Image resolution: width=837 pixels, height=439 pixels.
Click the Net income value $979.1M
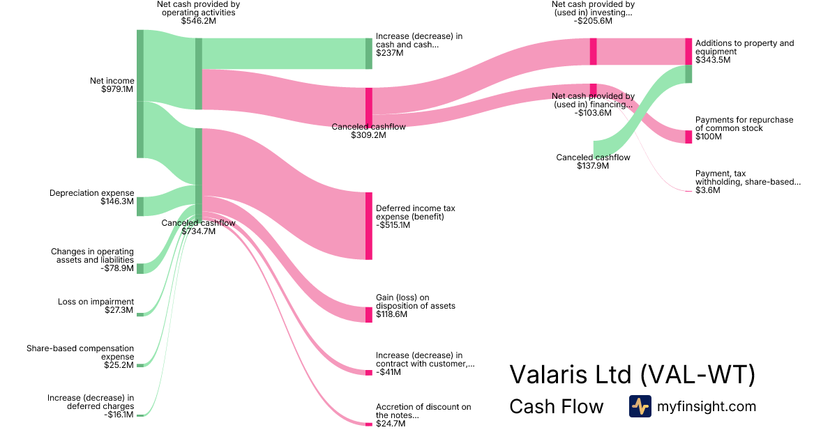click(x=116, y=89)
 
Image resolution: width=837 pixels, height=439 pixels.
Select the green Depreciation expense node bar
click(x=139, y=206)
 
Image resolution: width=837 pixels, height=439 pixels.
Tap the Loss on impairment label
click(x=96, y=302)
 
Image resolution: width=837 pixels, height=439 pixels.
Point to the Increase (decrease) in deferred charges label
click(x=91, y=402)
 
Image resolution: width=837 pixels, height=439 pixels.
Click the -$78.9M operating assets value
click(x=116, y=268)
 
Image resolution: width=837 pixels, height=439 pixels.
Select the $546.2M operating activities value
click(x=199, y=21)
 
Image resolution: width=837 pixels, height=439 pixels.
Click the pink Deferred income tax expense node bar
click(x=368, y=226)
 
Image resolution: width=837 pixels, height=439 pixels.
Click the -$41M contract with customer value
click(x=388, y=372)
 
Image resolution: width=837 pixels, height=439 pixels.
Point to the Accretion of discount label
click(x=423, y=411)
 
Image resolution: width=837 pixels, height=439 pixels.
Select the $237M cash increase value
click(x=389, y=52)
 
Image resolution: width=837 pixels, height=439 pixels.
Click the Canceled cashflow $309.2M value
click(x=368, y=135)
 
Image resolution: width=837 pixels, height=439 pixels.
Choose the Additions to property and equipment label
click(x=744, y=47)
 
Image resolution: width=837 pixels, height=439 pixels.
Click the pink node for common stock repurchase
click(x=688, y=137)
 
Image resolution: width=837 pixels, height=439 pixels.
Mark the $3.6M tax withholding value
click(x=707, y=190)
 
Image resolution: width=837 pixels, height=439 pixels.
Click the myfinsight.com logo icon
click(x=640, y=406)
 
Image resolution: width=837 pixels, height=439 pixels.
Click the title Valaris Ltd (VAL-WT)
click(x=633, y=375)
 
